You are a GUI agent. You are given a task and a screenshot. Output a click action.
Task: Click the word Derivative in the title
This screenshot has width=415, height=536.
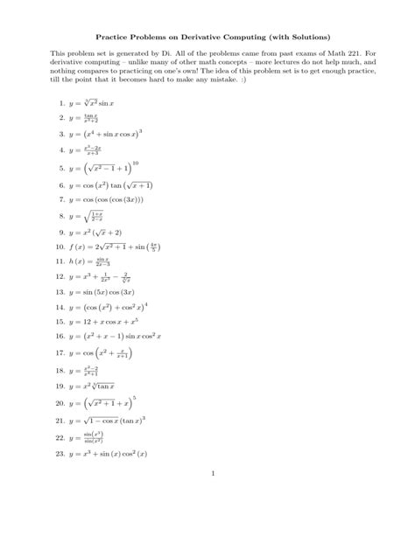[x=204, y=39]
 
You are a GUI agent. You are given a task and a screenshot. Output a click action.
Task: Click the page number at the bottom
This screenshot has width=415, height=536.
[x=213, y=474]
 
